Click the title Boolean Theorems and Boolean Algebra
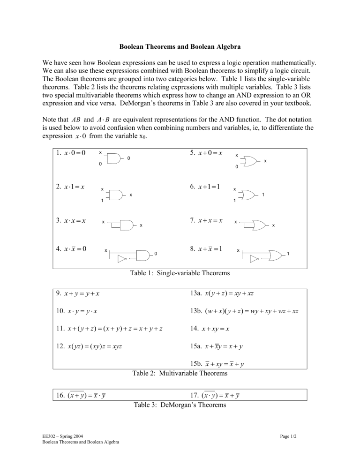pos(180,47)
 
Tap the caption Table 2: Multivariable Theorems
pos(180,374)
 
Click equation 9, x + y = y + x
pos(81,294)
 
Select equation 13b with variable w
pos(245,311)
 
